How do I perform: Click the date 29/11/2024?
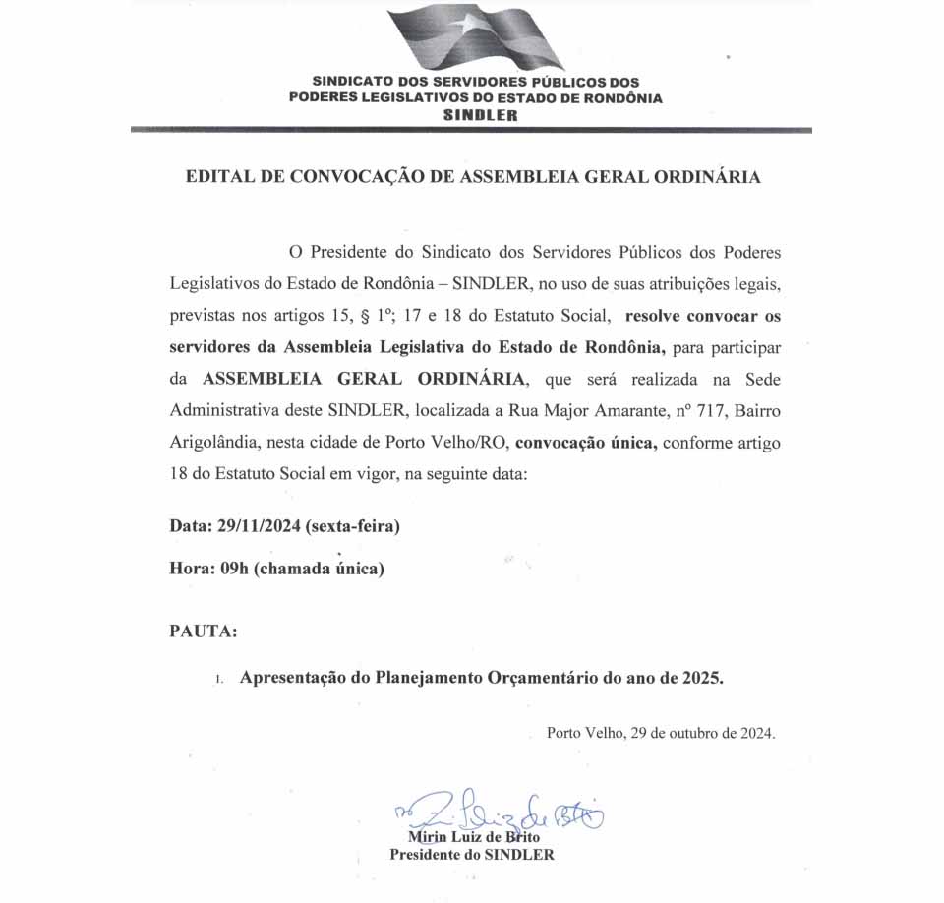tap(258, 526)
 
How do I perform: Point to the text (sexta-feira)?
tap(353, 526)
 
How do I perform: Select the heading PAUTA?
tap(204, 632)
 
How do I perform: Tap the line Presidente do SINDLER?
tap(472, 855)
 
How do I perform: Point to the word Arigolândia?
tap(213, 443)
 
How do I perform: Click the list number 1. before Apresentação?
tap(220, 680)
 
